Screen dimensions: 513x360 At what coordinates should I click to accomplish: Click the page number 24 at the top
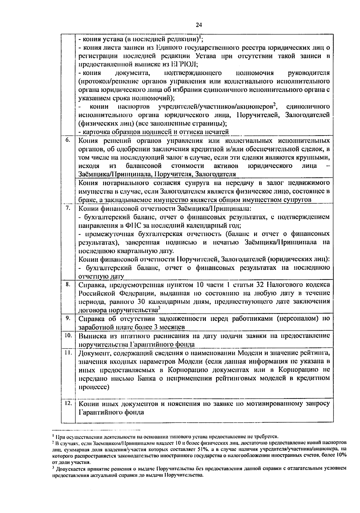[x=199, y=25]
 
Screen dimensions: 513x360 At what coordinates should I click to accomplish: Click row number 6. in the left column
[x=68, y=140]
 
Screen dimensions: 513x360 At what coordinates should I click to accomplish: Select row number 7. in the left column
[x=68, y=208]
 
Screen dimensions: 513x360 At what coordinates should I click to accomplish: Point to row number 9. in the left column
[x=68, y=318]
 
